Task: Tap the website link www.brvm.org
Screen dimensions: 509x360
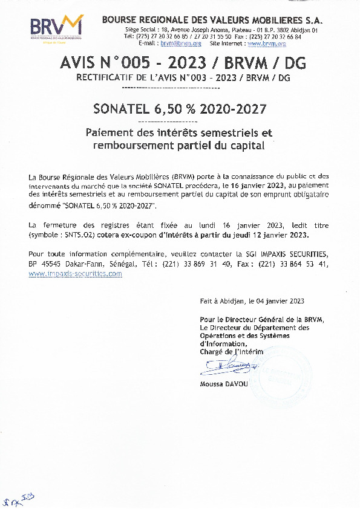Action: (x=266, y=44)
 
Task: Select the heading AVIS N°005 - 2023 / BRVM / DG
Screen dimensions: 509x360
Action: (x=180, y=63)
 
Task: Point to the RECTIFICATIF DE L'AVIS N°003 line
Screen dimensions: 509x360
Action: (x=180, y=77)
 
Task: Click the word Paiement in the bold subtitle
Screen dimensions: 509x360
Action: (x=110, y=132)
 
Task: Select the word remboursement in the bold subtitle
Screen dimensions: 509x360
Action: (x=131, y=146)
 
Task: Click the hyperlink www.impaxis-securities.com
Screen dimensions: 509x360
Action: (x=75, y=273)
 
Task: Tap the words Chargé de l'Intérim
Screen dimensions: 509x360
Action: (x=232, y=351)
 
